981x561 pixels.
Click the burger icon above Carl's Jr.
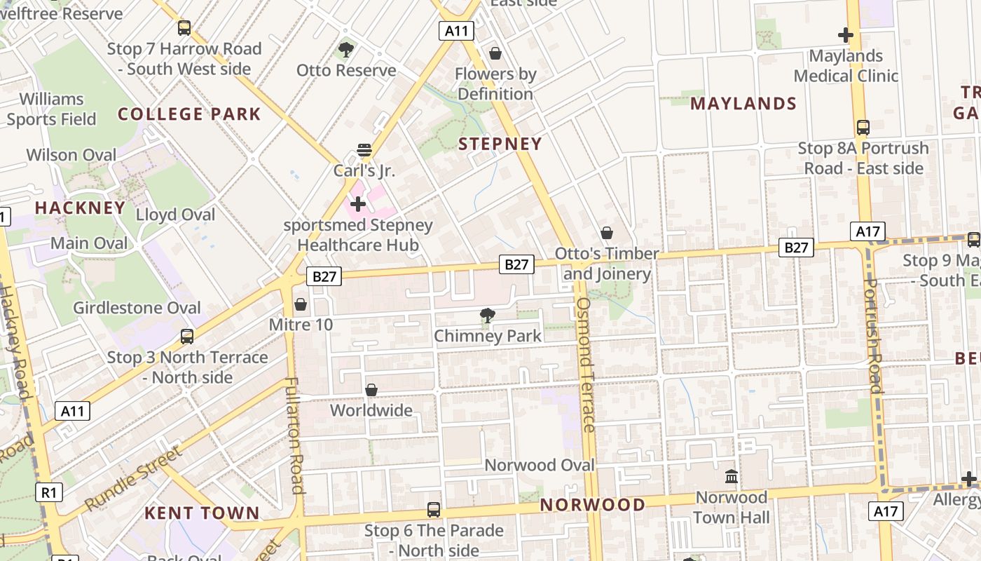364,149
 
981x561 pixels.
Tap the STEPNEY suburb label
500,144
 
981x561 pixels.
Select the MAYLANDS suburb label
743,104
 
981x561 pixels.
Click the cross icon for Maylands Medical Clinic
846,34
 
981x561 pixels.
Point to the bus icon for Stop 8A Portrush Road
863,128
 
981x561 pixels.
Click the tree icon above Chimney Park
487,316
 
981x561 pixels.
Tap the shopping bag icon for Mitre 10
301,304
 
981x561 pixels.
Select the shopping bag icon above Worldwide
371,389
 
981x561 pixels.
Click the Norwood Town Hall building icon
732,477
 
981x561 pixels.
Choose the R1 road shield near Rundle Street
48,492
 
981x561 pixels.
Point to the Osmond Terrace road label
586,365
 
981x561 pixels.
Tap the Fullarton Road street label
294,435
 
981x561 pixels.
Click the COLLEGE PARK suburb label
189,114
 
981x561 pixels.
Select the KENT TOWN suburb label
202,513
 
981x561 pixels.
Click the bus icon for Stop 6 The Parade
434,510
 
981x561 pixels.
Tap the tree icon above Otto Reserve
345,49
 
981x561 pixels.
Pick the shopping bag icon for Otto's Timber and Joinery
607,233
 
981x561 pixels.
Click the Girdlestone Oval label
137,308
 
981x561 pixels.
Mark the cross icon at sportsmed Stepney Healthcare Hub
358,204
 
